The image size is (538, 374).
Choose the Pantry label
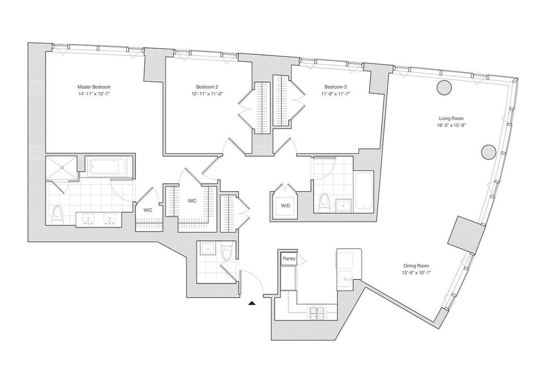click(289, 259)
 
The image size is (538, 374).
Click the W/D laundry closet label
click(285, 205)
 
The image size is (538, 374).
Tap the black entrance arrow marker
click(252, 303)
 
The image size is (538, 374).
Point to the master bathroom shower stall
click(62, 167)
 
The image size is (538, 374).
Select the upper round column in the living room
click(444, 87)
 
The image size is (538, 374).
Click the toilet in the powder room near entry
click(227, 252)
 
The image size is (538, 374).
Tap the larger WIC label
click(192, 201)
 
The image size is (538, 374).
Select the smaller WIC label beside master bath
click(147, 210)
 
